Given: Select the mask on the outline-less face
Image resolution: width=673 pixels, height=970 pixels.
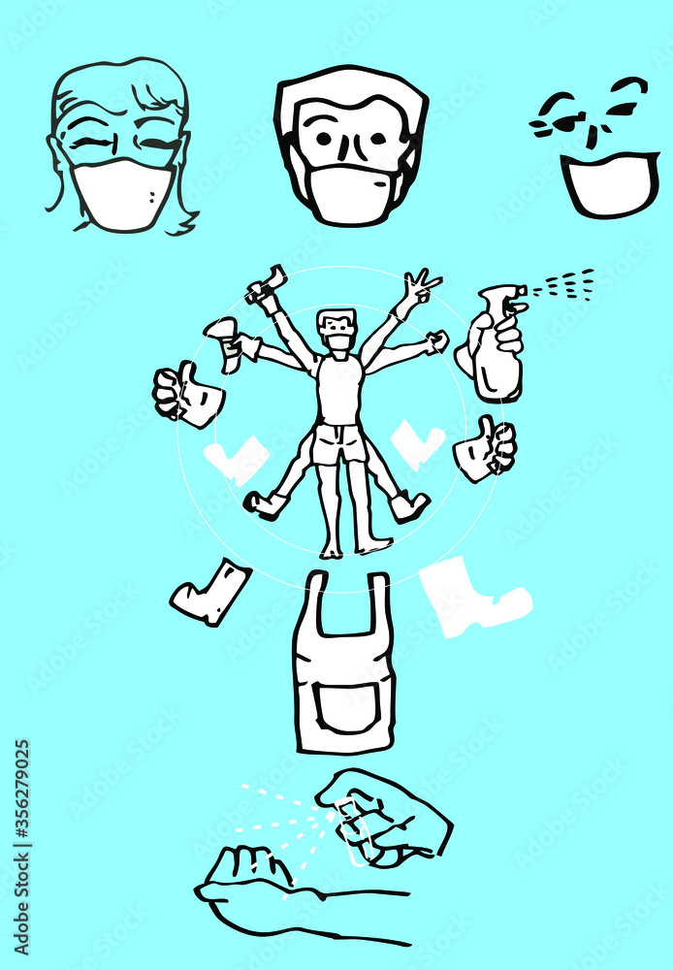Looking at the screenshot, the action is (609, 183).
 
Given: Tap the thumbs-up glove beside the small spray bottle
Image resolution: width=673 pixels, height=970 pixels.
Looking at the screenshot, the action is (188, 397).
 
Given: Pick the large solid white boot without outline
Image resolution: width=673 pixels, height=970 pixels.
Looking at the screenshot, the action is (472, 597).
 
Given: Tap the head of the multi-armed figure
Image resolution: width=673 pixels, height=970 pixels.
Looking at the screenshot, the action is (337, 330).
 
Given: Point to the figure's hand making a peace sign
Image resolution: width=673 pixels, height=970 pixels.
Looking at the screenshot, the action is (421, 286).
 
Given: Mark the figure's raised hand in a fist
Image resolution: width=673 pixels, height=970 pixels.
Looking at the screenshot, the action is (438, 340).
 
